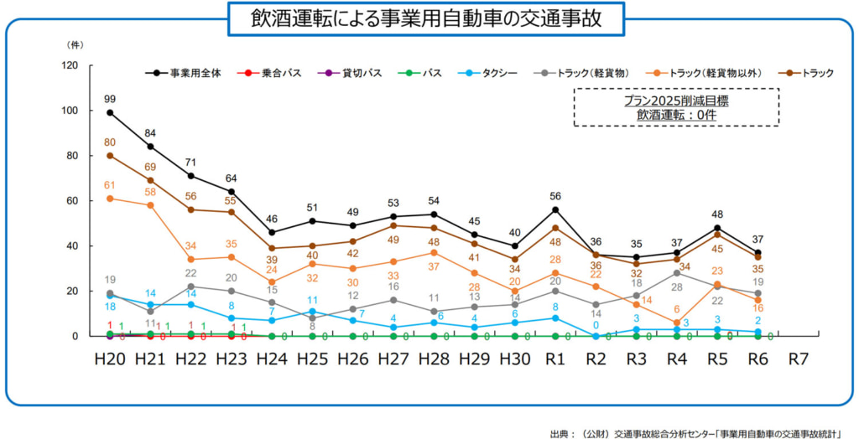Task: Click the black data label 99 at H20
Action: point(110,99)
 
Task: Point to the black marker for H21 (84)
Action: point(151,147)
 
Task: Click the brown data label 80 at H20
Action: point(110,142)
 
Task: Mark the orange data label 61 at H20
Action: point(110,185)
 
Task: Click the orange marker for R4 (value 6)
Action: point(676,323)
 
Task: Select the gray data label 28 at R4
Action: point(676,287)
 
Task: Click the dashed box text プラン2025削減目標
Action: point(675,101)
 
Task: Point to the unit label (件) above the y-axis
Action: point(74,42)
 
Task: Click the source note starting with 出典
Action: point(695,431)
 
